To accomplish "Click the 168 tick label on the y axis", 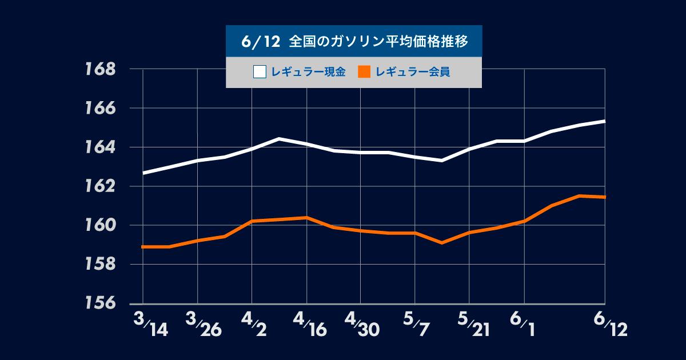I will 100,69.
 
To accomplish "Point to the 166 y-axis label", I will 100,108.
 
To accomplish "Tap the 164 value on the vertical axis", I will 100,147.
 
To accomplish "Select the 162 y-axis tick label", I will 100,186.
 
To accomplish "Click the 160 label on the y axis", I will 100,225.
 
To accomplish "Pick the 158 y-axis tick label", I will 100,265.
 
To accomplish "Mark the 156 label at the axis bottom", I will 100,303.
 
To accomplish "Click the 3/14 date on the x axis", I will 150,325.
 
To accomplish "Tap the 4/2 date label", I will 256,325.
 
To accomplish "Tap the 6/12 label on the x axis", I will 610,325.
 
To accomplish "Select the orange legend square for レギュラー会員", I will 364,72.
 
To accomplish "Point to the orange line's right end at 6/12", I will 605,197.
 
